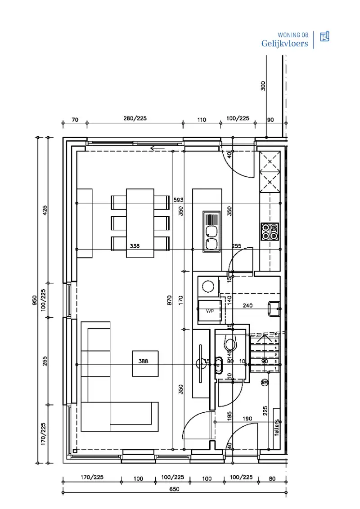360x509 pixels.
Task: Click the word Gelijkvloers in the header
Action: tap(284, 44)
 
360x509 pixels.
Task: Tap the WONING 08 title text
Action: tap(293, 35)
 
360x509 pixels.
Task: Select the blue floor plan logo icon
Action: tap(324, 37)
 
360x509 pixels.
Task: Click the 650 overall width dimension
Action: tap(174, 490)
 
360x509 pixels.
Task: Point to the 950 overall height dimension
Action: tap(35, 300)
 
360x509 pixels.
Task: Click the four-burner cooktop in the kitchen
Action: tap(270, 231)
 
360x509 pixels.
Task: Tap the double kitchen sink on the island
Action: tap(211, 231)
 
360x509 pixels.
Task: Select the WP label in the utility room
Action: tap(210, 311)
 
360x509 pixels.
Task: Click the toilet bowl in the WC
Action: tap(230, 344)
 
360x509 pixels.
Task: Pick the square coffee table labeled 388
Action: tap(145, 363)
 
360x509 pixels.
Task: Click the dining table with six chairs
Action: tap(140, 223)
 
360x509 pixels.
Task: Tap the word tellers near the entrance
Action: tap(276, 428)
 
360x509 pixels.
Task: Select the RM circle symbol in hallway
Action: tap(265, 383)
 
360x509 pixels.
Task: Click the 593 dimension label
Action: tap(179, 200)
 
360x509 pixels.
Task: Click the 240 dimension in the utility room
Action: tap(247, 305)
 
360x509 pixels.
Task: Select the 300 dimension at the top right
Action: tap(263, 85)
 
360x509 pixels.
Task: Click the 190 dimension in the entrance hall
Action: tap(247, 419)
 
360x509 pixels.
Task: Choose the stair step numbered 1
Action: tap(276, 368)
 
